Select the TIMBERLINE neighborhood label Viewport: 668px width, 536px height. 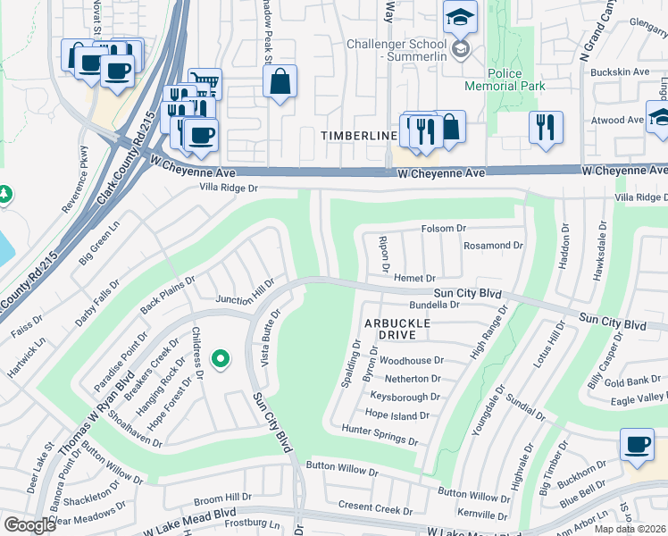(359, 135)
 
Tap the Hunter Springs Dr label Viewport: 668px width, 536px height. (380, 435)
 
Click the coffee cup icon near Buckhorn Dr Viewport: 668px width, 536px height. (637, 445)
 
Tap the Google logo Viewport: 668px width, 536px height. (29, 525)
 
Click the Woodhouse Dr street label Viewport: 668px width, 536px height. (411, 360)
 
